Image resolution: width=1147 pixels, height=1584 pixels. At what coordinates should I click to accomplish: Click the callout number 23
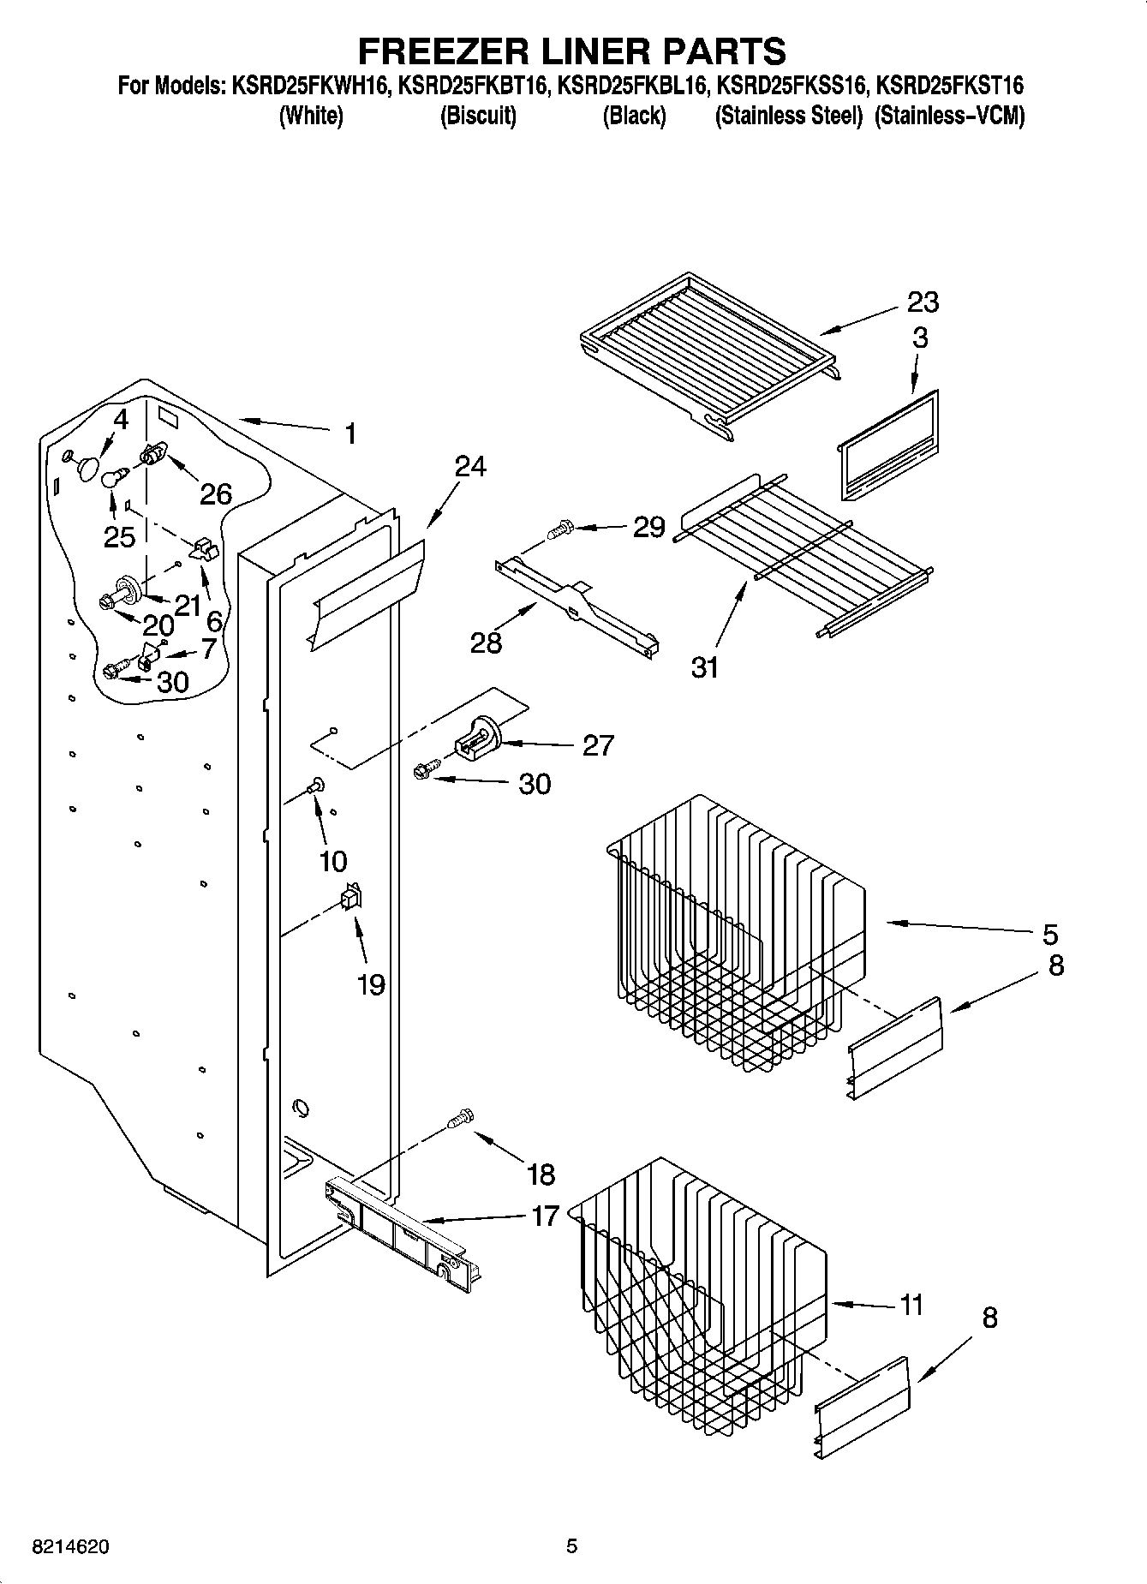click(923, 302)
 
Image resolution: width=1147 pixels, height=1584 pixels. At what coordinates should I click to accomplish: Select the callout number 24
click(470, 466)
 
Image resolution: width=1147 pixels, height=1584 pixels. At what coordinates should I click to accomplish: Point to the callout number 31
click(705, 666)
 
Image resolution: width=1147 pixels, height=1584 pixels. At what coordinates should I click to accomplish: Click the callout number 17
click(545, 1215)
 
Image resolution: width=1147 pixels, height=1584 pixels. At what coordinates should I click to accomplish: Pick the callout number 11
click(912, 1305)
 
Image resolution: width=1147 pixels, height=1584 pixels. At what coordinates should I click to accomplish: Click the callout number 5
click(1050, 933)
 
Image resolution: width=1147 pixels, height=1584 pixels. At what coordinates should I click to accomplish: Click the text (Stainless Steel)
click(788, 116)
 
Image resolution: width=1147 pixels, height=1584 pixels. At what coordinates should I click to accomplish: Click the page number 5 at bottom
click(571, 1547)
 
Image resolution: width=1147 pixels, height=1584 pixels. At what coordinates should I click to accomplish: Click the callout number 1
click(349, 433)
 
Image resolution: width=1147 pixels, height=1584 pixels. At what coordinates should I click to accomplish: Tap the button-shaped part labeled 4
click(87, 465)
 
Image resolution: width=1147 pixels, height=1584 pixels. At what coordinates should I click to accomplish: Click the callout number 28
click(486, 642)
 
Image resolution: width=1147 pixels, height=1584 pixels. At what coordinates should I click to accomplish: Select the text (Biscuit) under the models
click(478, 116)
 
